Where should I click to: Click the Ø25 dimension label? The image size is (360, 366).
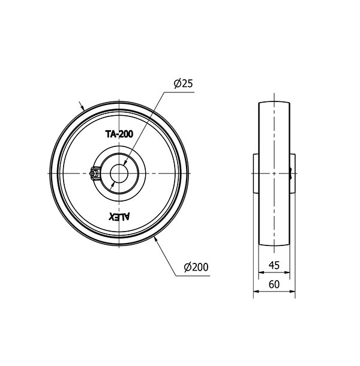click(184, 83)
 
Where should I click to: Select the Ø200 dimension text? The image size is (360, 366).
click(196, 267)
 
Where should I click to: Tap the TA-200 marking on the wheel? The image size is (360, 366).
click(119, 134)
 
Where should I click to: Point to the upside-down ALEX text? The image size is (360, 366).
click(119, 217)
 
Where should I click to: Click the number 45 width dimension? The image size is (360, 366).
click(274, 265)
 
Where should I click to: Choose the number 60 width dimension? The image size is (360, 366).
click(274, 284)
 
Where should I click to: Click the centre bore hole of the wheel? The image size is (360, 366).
click(119, 173)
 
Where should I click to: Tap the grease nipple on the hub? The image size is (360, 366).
click(95, 173)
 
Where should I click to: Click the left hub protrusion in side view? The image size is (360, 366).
click(256, 173)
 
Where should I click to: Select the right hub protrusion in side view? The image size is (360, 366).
click(293, 173)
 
